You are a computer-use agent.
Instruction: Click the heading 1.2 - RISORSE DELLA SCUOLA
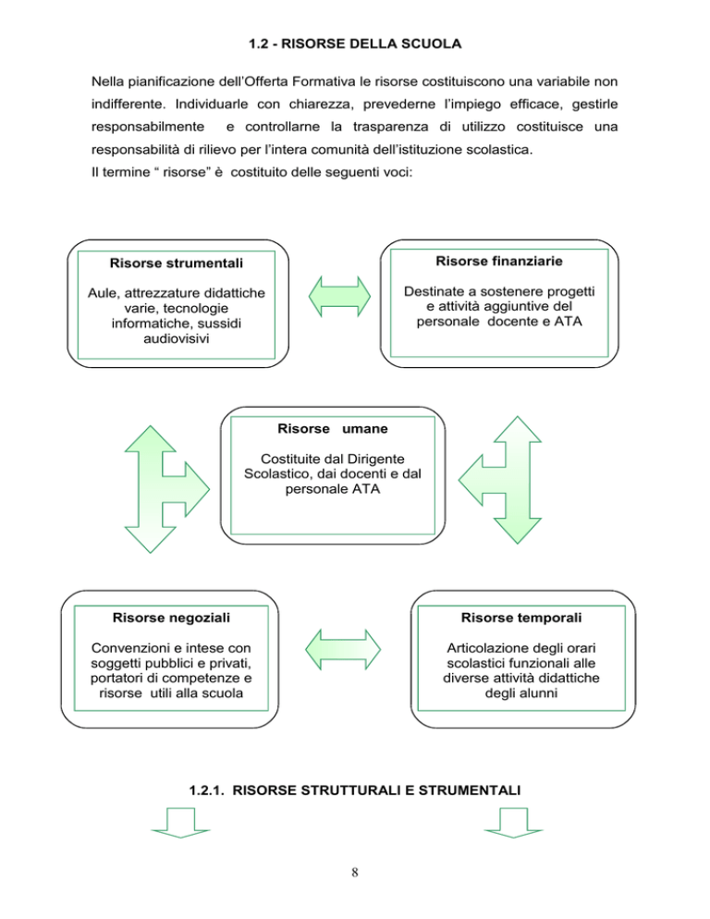[355, 43]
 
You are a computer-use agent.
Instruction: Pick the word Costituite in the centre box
[298, 459]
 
